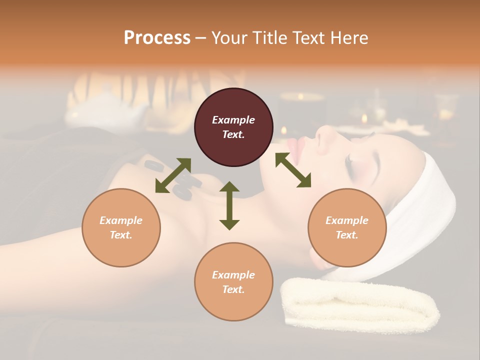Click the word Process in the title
(157, 38)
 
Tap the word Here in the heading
(348, 38)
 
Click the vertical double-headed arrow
(229, 205)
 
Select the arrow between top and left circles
(173, 175)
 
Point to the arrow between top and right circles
(293, 170)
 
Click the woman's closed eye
(349, 159)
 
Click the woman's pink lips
(297, 150)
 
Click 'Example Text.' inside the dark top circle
(233, 127)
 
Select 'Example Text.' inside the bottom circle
(233, 282)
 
